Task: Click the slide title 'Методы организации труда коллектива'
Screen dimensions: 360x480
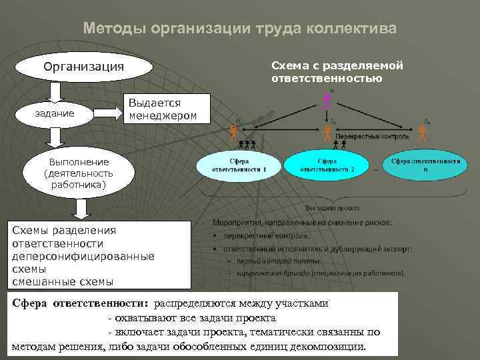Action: [x=240, y=29]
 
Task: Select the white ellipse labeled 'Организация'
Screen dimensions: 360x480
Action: [x=84, y=67]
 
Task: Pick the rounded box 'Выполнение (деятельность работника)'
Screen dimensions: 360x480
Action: [x=78, y=173]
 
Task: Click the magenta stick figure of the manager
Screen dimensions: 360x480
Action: [x=327, y=101]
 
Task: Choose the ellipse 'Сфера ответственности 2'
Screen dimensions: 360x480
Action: [x=327, y=165]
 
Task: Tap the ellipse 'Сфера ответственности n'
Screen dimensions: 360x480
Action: [x=425, y=166]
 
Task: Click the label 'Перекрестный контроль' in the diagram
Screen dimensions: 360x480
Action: [x=371, y=136]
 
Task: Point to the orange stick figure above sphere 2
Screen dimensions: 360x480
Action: [x=327, y=131]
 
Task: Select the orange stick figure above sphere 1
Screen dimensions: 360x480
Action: [x=233, y=131]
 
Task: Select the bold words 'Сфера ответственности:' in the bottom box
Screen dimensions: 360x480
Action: [x=81, y=303]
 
